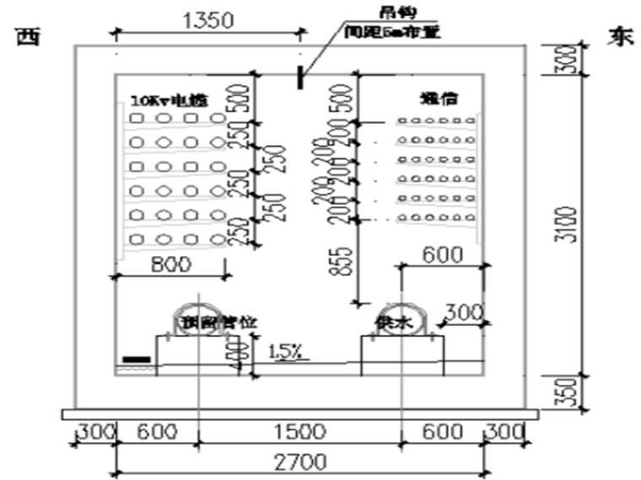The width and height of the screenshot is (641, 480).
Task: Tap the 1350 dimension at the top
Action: [207, 21]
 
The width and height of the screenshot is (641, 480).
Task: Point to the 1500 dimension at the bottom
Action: [298, 432]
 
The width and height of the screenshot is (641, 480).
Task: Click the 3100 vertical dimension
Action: [570, 224]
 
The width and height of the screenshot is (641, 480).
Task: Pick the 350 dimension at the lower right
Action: [570, 390]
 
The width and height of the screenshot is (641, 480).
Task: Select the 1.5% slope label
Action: [287, 352]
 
